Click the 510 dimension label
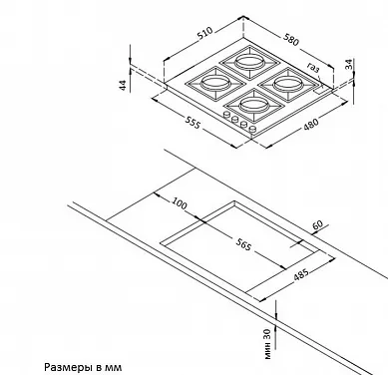click(x=204, y=33)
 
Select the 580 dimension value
click(x=291, y=39)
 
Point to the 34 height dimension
click(x=348, y=64)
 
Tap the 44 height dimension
click(x=123, y=85)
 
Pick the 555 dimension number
click(x=193, y=123)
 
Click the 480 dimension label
click(x=311, y=123)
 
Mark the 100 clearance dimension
click(x=180, y=203)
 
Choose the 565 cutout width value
click(x=243, y=244)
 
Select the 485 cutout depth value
click(x=301, y=274)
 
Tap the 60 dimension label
click(x=318, y=225)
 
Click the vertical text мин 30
click(x=268, y=344)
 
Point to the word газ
click(x=313, y=68)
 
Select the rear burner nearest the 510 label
click(x=249, y=62)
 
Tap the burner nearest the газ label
click(x=288, y=85)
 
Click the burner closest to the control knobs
click(x=253, y=106)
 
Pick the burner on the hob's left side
click(x=215, y=83)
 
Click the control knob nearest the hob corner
click(x=252, y=129)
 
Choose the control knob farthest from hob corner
click(x=227, y=115)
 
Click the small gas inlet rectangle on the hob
click(x=321, y=89)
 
